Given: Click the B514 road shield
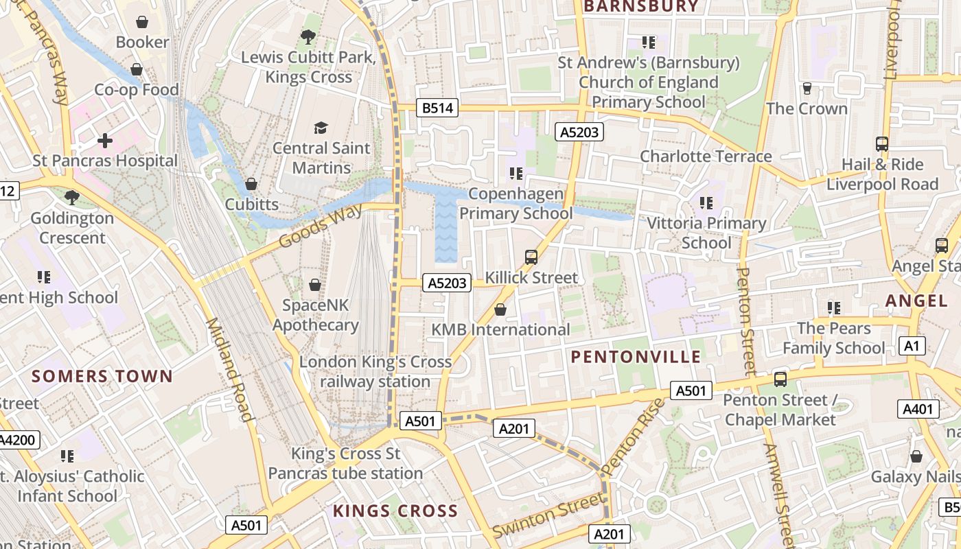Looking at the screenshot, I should tap(437, 108).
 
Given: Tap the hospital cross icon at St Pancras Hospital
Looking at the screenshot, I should tap(104, 141).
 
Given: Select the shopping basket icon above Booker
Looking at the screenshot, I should tap(142, 22).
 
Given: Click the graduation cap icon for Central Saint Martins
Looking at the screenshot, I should tap(321, 128).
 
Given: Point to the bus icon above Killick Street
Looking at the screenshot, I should tap(531, 257).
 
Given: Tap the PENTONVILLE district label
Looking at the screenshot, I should tap(636, 357).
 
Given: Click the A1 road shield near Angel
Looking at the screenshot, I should tap(912, 346).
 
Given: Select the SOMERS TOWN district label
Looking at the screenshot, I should tap(102, 376).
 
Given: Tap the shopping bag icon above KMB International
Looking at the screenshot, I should tap(500, 309).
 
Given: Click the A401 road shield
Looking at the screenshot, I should tap(918, 410).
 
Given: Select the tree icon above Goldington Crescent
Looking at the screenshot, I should tap(71, 198).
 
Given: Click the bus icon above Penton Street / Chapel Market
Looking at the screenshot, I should tap(780, 379).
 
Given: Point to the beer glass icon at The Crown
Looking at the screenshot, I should tap(807, 88).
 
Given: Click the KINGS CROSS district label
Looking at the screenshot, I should tap(395, 511).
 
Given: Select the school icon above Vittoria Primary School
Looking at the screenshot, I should tap(706, 203).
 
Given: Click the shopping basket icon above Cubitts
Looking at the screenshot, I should tap(251, 184).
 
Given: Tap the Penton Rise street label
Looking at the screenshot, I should tap(634, 436).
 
